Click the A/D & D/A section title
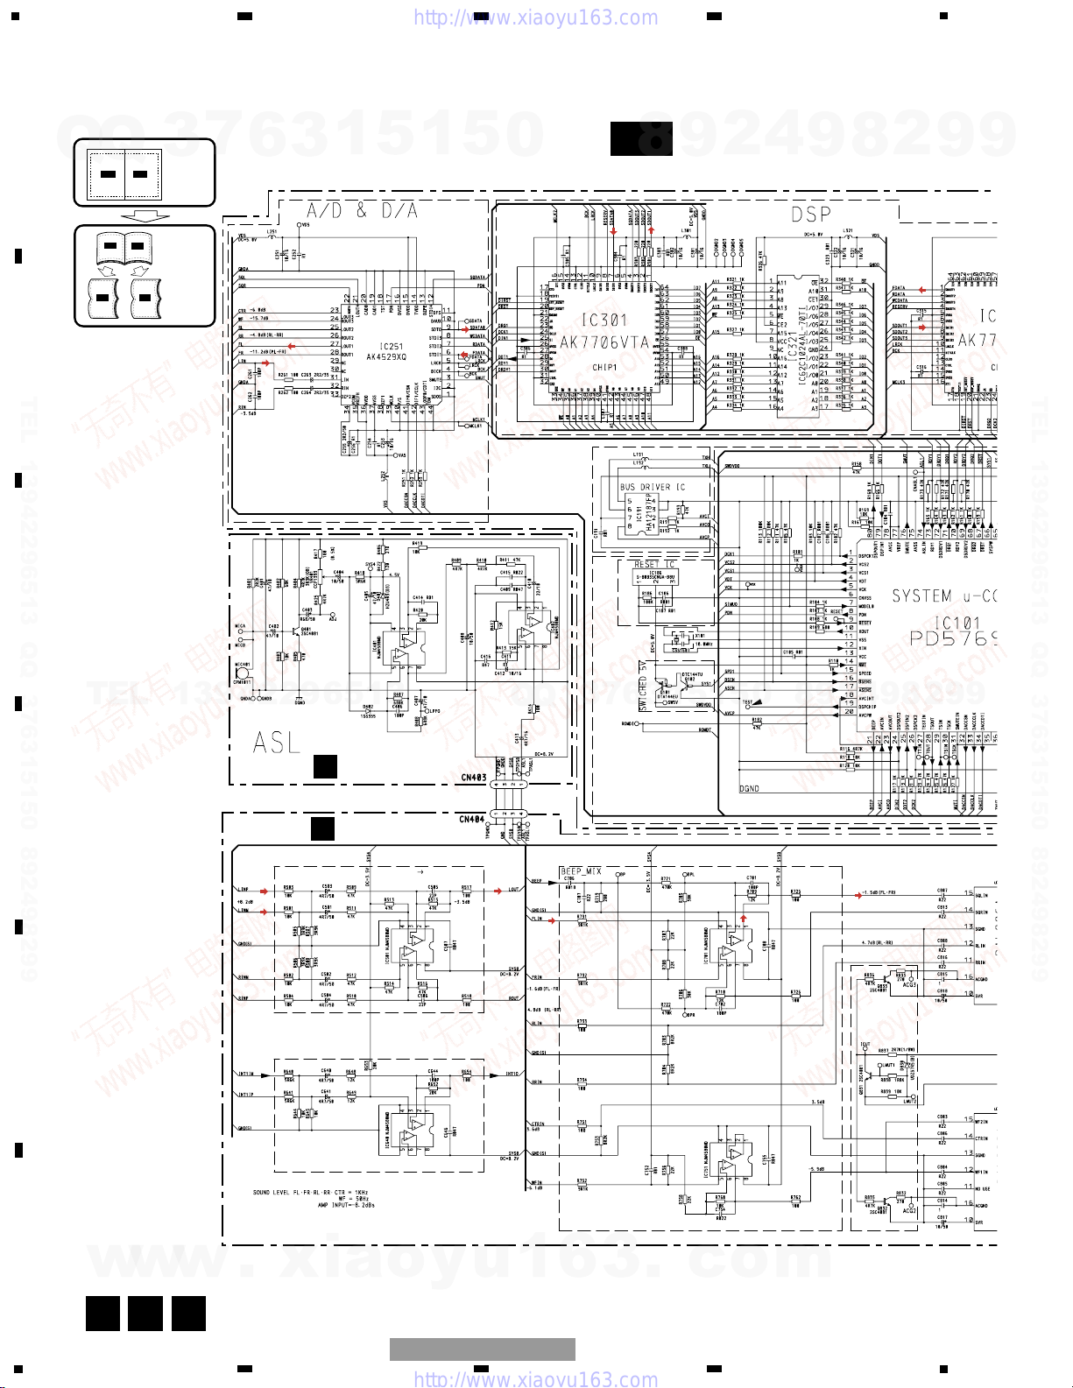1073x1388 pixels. [362, 210]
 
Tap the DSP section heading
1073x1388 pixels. [811, 215]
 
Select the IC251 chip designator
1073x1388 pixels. [391, 347]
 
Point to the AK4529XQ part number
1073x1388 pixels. [386, 357]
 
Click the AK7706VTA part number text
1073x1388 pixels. [604, 342]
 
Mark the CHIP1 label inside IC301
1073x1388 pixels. [604, 368]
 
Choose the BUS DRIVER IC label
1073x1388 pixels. [653, 487]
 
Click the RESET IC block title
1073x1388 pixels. [654, 565]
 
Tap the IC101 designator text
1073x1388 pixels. [957, 623]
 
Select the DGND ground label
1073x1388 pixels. [749, 789]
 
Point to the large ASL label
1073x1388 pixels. [276, 743]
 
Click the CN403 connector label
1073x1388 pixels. [473, 778]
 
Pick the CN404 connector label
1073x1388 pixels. [471, 820]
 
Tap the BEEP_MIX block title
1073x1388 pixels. [581, 871]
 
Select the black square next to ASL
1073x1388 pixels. [325, 767]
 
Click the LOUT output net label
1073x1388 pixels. [512, 890]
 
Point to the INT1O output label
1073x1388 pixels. [512, 1074]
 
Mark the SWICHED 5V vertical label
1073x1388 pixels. [644, 687]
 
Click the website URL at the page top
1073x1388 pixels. [535, 18]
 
